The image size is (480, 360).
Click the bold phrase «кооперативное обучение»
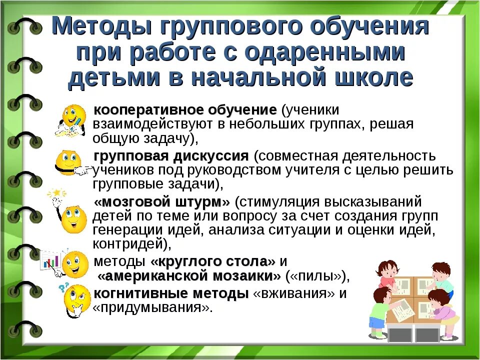tap(185, 110)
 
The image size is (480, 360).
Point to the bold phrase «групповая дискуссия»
tap(171, 156)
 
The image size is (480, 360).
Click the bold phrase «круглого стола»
tap(212, 261)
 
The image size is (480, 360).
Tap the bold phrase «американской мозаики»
tap(189, 276)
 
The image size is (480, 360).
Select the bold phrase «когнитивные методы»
tap(171, 293)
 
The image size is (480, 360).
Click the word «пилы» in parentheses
tap(317, 276)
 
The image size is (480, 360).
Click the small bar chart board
tap(50, 260)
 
